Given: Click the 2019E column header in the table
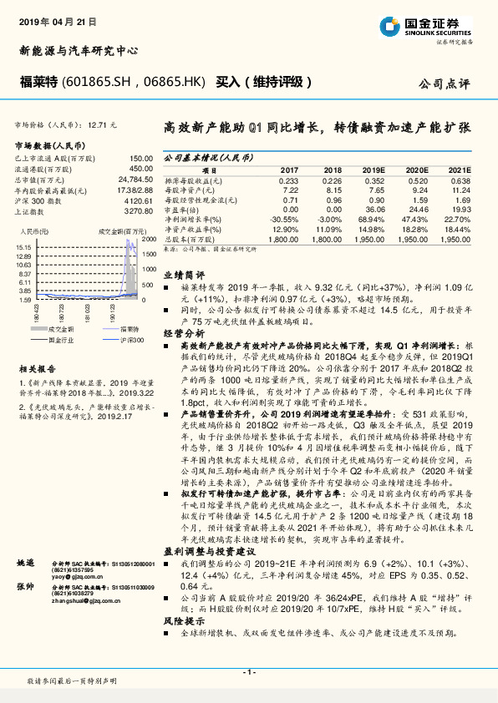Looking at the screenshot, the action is tap(375, 169).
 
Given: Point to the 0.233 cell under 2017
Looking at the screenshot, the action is tap(288, 181).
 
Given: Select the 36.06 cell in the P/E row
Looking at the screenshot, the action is tap(375, 209).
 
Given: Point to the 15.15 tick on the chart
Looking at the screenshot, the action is tap(23, 248).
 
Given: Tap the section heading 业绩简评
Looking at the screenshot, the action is tap(181, 274).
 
